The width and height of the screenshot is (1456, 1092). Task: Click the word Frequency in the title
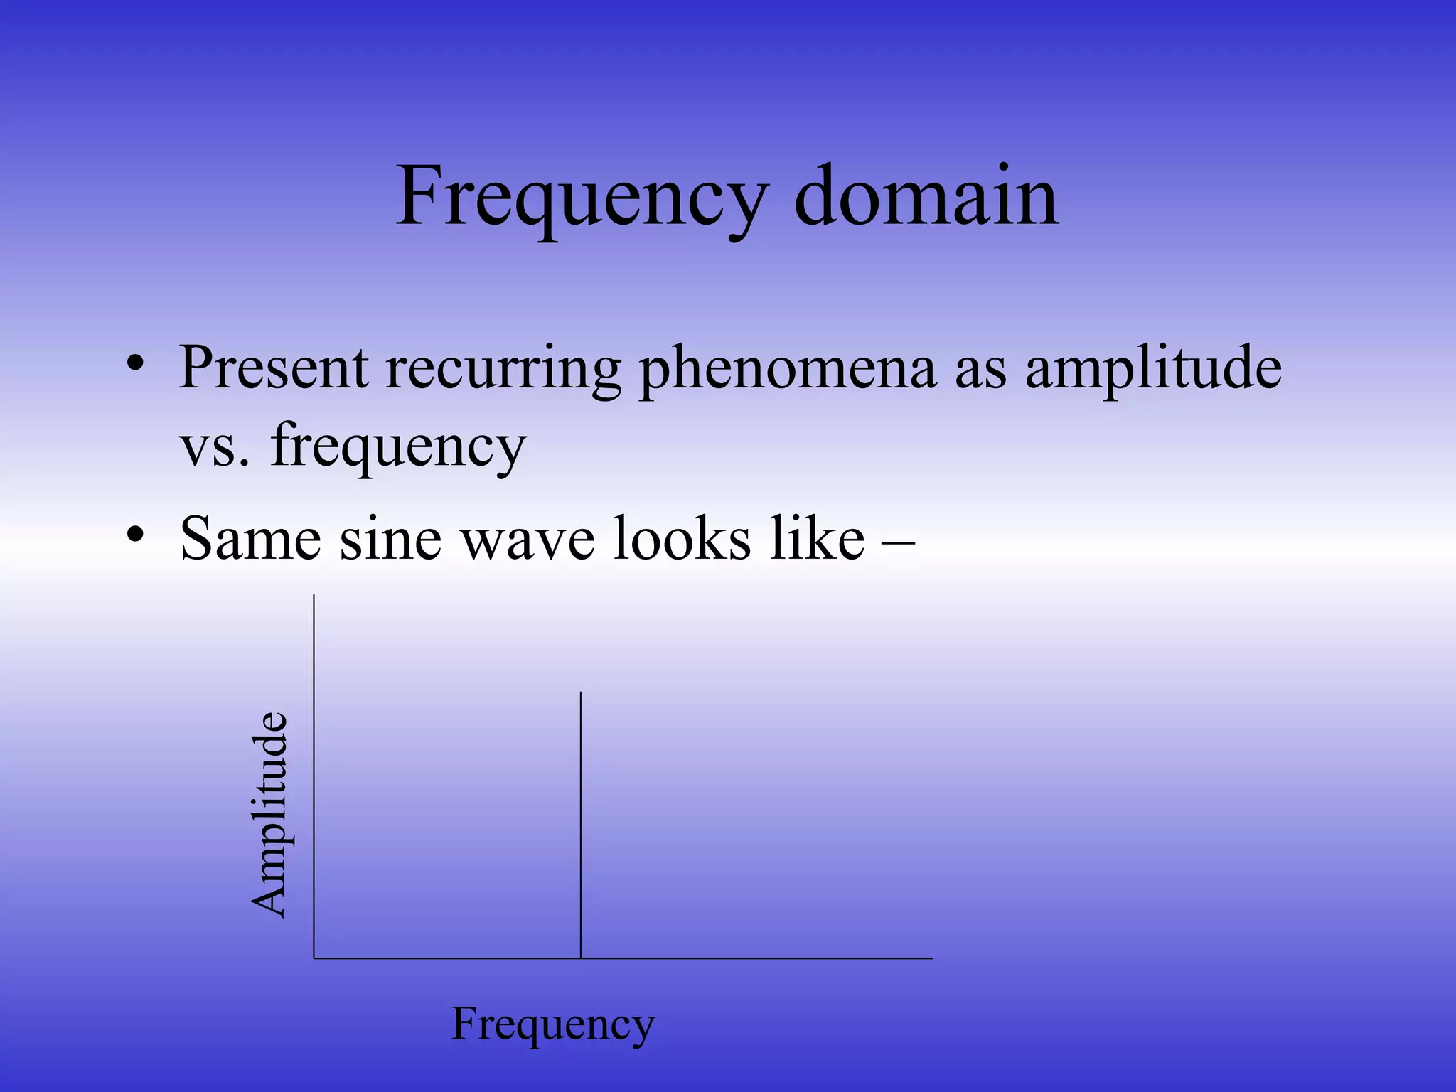582,198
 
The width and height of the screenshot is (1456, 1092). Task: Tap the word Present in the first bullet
274,368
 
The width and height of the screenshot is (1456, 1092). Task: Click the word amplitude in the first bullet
1153,370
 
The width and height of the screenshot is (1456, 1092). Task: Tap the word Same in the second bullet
250,539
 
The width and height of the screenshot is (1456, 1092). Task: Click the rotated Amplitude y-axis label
269,814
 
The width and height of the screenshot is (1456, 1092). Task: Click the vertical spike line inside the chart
581,825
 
